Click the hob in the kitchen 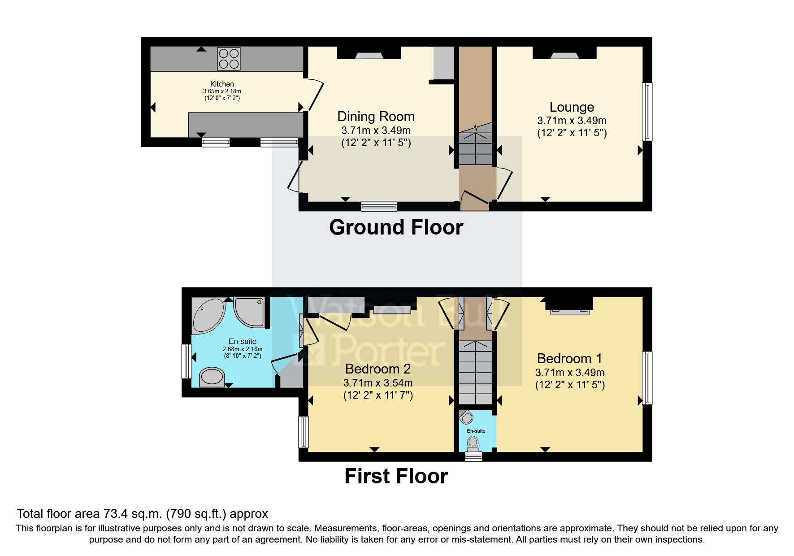[x=229, y=59]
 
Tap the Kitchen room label [x=222, y=84]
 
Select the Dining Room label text [x=376, y=117]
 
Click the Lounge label [x=572, y=107]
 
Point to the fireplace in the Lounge [x=564, y=55]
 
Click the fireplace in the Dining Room [x=369, y=55]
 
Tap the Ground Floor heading [x=396, y=227]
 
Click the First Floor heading [x=396, y=476]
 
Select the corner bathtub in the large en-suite [x=208, y=315]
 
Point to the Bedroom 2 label [x=378, y=369]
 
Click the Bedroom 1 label [x=569, y=359]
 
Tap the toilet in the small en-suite [x=473, y=443]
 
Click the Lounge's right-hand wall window [x=647, y=112]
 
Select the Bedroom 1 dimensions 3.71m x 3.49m [x=570, y=373]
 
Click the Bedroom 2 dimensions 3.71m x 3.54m [x=378, y=383]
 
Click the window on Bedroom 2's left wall [x=304, y=432]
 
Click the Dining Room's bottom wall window [x=379, y=206]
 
